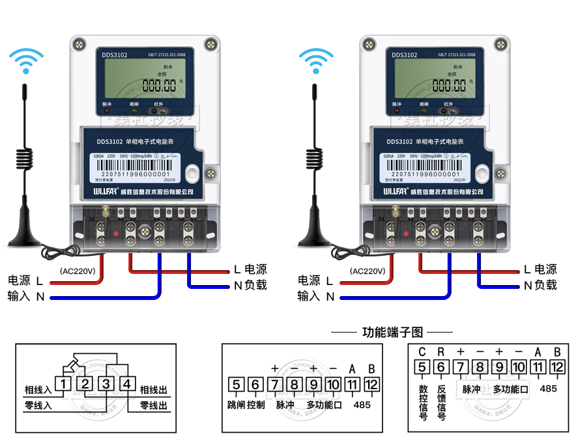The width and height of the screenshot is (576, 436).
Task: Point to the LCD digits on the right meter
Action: coord(450,85)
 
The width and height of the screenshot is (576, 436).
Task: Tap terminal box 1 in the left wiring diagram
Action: coord(63,384)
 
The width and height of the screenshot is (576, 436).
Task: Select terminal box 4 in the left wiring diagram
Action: coord(127,384)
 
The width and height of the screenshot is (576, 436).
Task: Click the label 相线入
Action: coord(38,390)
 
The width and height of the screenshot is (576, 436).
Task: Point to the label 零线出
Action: coord(154,405)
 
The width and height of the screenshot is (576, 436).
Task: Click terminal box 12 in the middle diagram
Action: coord(371,384)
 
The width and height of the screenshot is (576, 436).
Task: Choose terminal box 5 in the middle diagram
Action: coord(237,384)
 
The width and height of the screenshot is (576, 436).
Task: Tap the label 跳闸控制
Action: coord(246,405)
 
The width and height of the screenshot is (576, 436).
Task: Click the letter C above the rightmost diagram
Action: coord(422,352)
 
